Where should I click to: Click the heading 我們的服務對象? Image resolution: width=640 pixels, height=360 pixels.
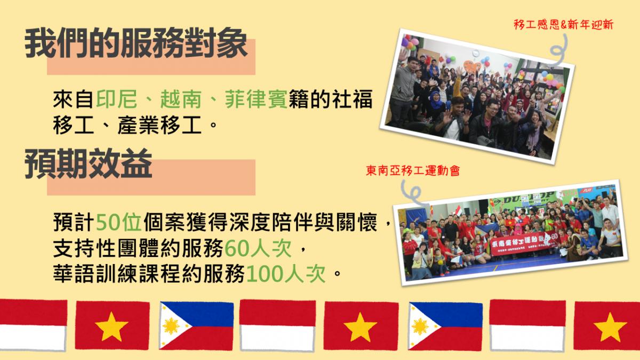pyautogui.click(x=136, y=43)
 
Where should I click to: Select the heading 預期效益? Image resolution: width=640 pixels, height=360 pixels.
pyautogui.click(x=89, y=163)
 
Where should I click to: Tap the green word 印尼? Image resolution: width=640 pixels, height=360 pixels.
pyautogui.click(x=117, y=99)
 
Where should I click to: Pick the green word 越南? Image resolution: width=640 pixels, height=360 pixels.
pyautogui.click(x=181, y=99)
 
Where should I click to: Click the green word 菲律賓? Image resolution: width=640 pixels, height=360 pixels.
pyautogui.click(x=256, y=99)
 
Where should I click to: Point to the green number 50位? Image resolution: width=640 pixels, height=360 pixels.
pyautogui.click(x=118, y=222)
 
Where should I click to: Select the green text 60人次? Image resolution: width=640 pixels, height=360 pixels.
pyautogui.click(x=258, y=248)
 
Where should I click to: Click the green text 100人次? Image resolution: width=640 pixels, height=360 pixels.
pyautogui.click(x=286, y=274)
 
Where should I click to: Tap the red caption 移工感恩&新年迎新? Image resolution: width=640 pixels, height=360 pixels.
pyautogui.click(x=563, y=25)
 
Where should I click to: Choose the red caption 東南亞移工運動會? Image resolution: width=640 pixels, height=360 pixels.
pyautogui.click(x=413, y=171)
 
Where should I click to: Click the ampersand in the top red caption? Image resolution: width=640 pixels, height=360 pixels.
pyautogui.click(x=564, y=25)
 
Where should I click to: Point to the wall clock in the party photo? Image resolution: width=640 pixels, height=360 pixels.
pyautogui.click(x=476, y=53)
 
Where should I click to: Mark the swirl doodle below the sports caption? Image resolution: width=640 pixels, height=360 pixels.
pyautogui.click(x=413, y=193)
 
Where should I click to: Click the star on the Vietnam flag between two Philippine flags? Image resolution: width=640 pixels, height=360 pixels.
pyautogui.click(x=361, y=327)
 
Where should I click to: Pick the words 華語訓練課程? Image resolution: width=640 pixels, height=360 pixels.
pyautogui.click(x=117, y=274)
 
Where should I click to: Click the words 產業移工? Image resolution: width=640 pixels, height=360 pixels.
pyautogui.click(x=159, y=125)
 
